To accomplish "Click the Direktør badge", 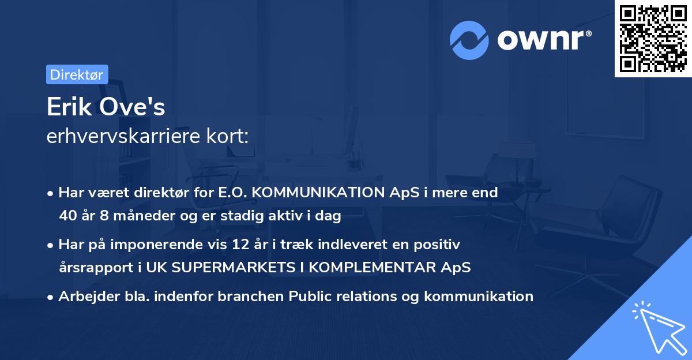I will point(77,74).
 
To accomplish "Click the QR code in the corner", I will point(653,38).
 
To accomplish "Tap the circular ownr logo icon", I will point(469,40).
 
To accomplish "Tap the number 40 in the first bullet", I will point(67,216).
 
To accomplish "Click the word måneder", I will point(141,216).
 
